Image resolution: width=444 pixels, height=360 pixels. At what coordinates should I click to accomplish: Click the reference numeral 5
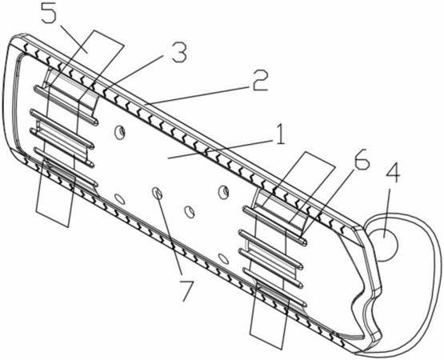50,14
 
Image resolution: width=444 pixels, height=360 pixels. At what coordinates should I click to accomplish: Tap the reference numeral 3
178,53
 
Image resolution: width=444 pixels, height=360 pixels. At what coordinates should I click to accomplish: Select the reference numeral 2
259,81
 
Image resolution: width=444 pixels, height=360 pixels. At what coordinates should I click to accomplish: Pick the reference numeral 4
393,174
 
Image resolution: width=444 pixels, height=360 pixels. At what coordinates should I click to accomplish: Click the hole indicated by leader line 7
158,194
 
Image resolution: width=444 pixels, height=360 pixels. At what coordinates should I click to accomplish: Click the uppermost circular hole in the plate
119,133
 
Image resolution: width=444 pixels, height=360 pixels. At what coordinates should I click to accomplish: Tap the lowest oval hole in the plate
224,258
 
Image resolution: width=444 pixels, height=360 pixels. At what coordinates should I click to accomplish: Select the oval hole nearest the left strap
119,199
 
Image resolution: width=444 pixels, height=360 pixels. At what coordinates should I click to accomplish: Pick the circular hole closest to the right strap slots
223,193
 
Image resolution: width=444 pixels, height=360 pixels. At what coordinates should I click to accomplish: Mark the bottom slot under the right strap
275,288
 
